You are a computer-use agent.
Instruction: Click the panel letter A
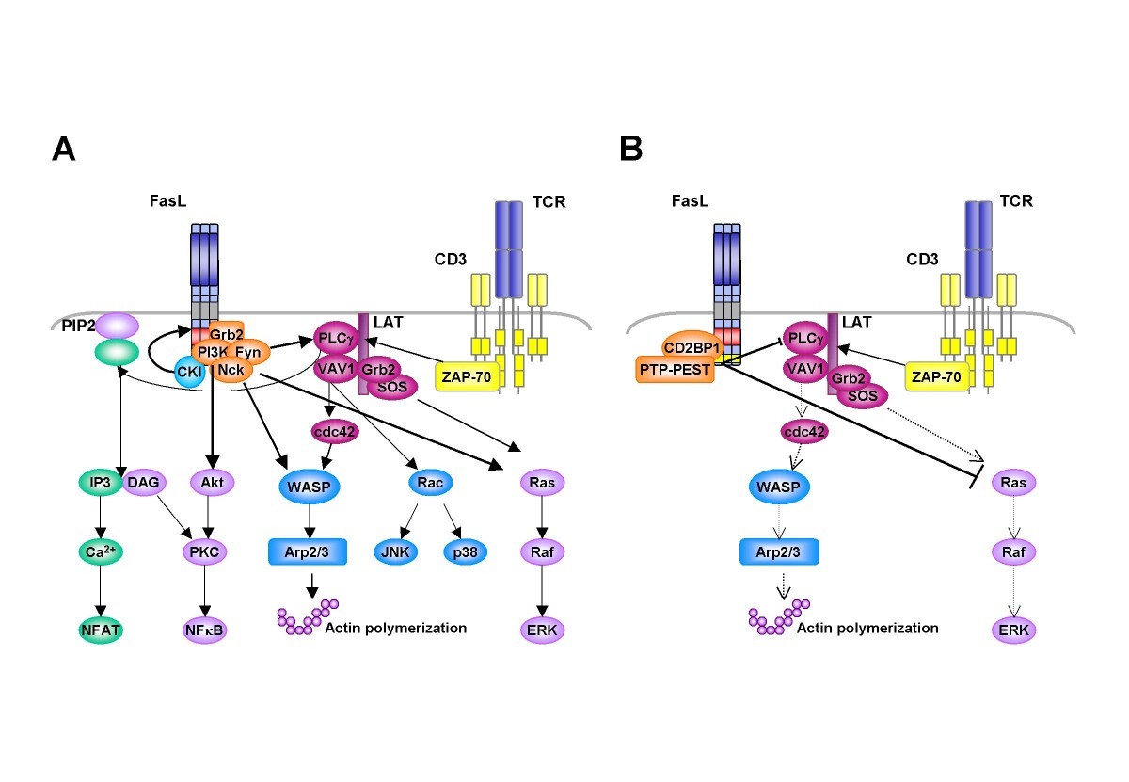click(x=63, y=150)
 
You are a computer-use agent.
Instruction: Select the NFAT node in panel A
click(x=100, y=628)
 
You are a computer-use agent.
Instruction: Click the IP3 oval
click(x=99, y=483)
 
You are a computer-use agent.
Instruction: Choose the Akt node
click(x=210, y=483)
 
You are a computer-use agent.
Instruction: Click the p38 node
click(x=465, y=552)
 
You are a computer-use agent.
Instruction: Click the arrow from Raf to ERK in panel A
click(x=542, y=589)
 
